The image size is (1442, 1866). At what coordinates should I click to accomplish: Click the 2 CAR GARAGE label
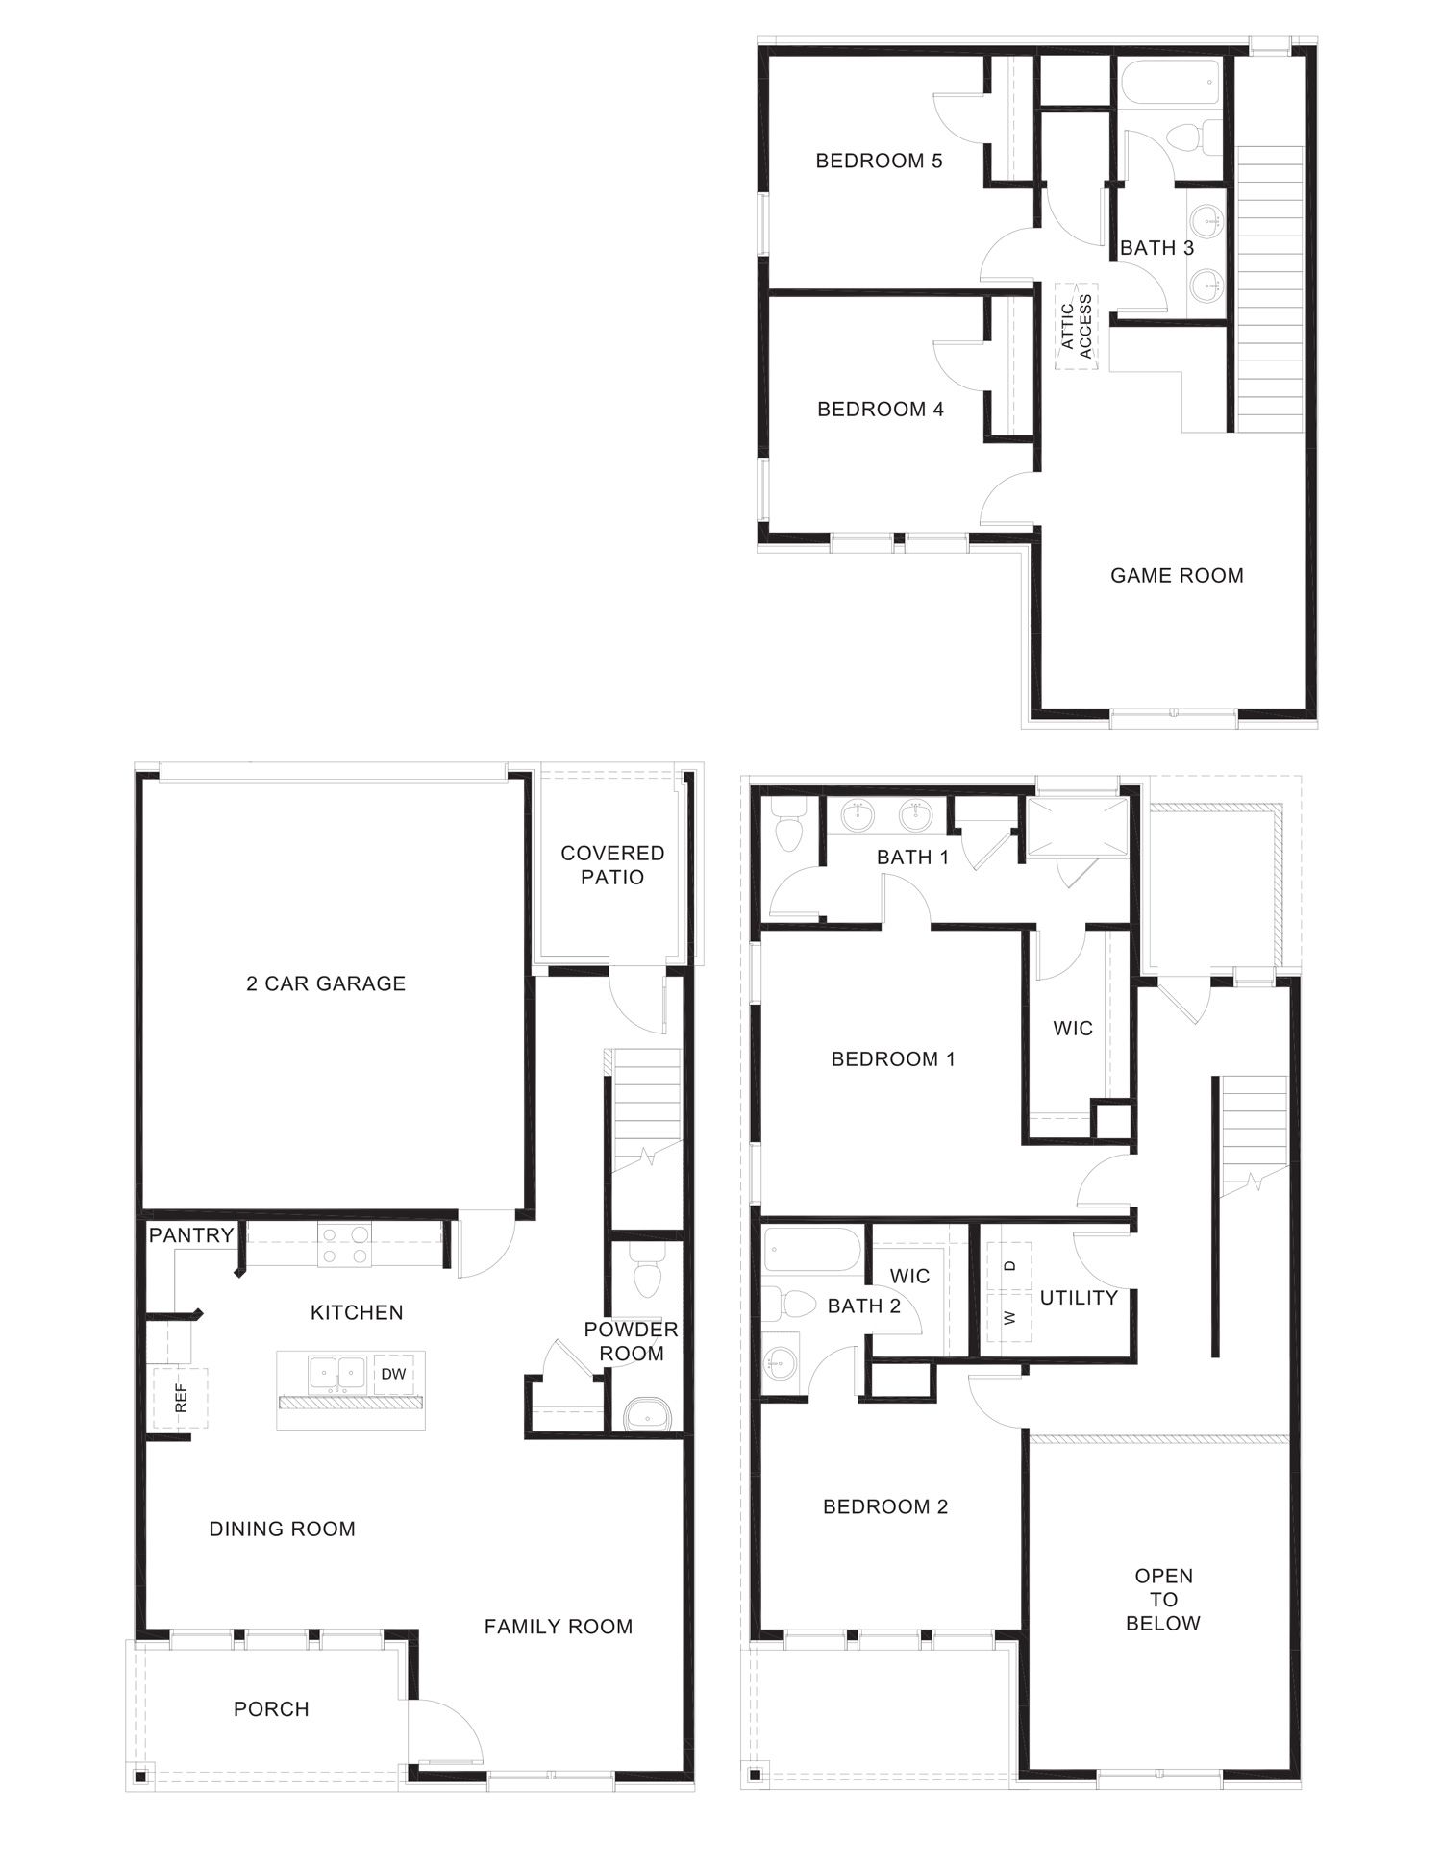[326, 983]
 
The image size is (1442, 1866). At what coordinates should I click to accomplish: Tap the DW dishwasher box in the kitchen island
[393, 1374]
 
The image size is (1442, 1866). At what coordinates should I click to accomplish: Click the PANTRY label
[191, 1235]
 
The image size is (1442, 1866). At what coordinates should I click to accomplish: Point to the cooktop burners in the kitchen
[345, 1245]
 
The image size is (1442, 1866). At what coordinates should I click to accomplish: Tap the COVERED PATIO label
[612, 865]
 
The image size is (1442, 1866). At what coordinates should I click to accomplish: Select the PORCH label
[271, 1709]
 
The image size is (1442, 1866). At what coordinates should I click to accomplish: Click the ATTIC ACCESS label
[1077, 327]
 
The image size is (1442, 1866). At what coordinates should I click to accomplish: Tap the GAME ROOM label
[1177, 576]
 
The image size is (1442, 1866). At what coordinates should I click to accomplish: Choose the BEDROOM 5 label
[879, 161]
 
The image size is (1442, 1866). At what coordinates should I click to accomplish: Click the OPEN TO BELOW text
[1163, 1600]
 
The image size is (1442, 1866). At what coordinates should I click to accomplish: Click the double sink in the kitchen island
[337, 1373]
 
